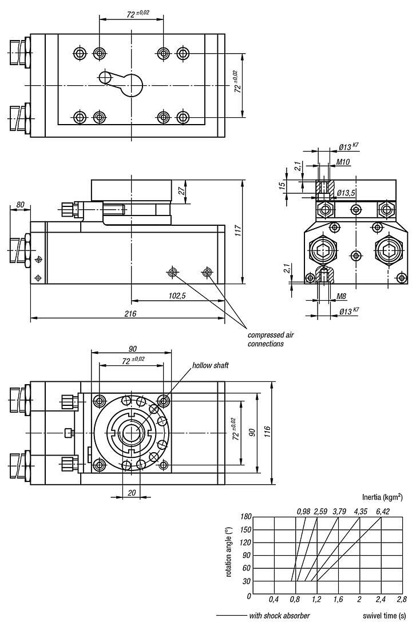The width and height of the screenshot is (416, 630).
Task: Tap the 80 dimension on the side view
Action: [20, 205]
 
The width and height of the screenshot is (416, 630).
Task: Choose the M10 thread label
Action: [343, 162]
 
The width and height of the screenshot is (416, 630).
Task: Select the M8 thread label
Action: [341, 296]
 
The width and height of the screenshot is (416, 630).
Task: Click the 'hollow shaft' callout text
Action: [210, 365]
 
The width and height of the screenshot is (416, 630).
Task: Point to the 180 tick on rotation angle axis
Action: [245, 517]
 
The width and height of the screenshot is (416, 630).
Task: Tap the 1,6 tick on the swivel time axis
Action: [338, 600]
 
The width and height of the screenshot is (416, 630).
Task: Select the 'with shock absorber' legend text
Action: [279, 616]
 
